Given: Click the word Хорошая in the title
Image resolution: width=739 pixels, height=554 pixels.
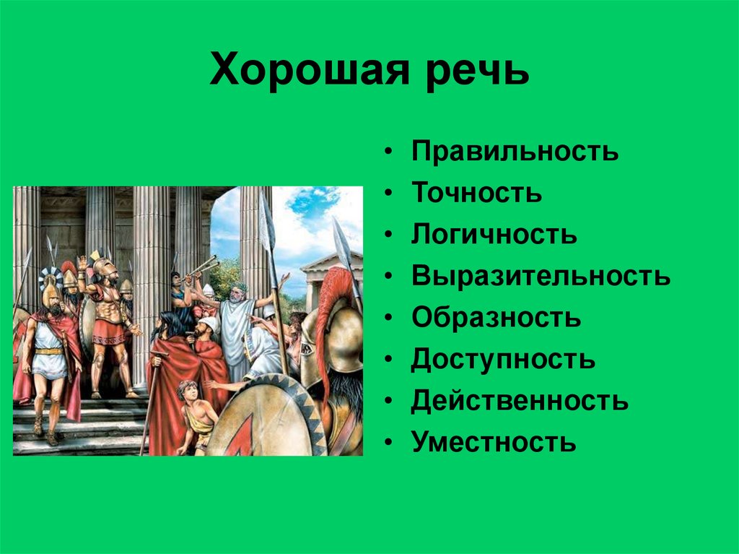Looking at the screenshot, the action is (x=310, y=71).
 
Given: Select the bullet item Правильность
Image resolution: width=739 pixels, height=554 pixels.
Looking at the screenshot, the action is (x=515, y=150).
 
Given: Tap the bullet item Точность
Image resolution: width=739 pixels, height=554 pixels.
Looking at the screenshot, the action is (x=477, y=192).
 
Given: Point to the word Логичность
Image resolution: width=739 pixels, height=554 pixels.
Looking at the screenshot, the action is (x=494, y=233).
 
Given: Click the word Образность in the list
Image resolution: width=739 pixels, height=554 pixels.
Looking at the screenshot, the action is (x=497, y=317).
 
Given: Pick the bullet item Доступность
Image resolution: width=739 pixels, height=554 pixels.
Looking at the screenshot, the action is (x=503, y=359).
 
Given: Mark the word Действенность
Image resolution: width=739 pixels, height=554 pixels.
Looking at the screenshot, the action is (x=520, y=401).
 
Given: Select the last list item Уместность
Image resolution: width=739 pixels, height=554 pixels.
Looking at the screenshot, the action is (x=494, y=442).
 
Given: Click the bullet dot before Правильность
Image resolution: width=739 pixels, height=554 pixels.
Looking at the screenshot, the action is (x=388, y=151).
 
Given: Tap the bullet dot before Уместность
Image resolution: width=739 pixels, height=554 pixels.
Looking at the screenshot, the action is (x=388, y=442).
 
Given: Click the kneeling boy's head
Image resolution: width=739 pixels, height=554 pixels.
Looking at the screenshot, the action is (x=187, y=391).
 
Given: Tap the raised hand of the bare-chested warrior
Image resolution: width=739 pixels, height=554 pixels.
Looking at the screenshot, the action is (x=83, y=262).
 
